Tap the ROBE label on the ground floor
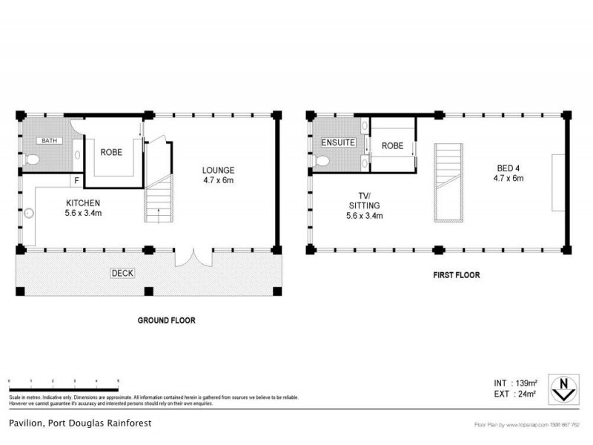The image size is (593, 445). (x=112, y=152)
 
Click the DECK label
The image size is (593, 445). (x=122, y=273)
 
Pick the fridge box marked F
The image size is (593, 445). (x=76, y=180)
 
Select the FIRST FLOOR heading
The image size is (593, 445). (x=457, y=275)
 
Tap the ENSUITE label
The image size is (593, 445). (x=338, y=142)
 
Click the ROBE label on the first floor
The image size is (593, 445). (x=393, y=146)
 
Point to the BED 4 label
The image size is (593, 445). (x=510, y=173)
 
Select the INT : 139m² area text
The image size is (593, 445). (x=511, y=383)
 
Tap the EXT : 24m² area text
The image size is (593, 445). (x=511, y=395)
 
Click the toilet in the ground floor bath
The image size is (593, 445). (x=30, y=159)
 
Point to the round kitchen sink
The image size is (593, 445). (x=30, y=214)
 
